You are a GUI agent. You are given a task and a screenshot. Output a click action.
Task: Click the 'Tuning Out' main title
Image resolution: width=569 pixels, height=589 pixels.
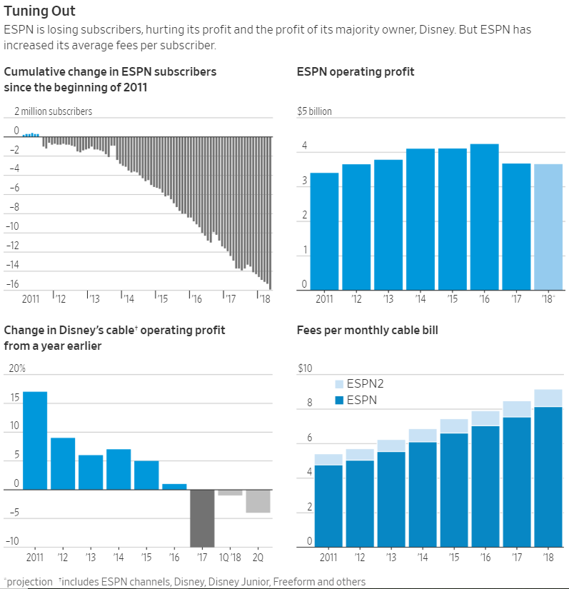coord(39,11)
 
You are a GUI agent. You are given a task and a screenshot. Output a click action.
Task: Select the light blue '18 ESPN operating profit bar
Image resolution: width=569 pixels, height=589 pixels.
coord(548,227)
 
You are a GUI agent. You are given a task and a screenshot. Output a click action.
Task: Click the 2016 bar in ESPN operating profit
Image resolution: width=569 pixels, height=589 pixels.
coord(485,217)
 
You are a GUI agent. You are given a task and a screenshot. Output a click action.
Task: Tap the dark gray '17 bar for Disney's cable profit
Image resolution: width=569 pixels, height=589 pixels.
coord(202,518)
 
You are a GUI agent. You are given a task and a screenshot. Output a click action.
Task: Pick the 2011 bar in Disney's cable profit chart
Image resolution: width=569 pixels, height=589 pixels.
coord(35,441)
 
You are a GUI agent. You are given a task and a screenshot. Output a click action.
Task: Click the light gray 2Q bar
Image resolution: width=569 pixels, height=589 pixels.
coord(258,501)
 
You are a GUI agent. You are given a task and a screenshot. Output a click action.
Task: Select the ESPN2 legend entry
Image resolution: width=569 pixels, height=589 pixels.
coord(359,384)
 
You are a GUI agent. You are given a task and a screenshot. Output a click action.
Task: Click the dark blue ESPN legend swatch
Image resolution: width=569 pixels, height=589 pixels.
coord(339,400)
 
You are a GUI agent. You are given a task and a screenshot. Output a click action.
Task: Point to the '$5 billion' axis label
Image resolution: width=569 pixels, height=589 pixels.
coord(314,111)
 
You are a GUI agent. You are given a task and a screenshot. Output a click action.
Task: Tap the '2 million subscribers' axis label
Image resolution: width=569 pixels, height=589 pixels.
coord(54,111)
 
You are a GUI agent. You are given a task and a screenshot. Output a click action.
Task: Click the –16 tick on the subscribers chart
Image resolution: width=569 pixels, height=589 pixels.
coord(12,284)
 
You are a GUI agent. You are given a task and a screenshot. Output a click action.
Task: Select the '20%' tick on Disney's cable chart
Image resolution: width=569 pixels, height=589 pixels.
coord(17,368)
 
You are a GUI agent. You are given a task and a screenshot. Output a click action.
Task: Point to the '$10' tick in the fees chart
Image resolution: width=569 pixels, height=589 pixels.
coord(305,368)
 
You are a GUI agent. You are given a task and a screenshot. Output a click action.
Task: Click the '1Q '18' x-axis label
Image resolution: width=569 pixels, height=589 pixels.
coord(230,557)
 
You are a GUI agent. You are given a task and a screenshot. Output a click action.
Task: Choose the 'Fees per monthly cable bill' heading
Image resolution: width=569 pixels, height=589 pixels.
coord(367,330)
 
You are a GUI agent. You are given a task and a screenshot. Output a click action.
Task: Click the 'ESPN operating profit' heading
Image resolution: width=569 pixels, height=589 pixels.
coord(356,71)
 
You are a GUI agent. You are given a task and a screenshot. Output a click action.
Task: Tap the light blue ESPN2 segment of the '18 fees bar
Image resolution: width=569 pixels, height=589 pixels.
coord(548,398)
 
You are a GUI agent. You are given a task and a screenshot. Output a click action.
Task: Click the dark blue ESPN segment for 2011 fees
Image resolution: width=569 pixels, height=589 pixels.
coord(328,506)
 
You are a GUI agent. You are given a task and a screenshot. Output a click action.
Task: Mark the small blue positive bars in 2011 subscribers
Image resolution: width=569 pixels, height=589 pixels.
coord(31,135)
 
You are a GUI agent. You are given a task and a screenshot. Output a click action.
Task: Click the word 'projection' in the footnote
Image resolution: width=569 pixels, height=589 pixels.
coord(30,582)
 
